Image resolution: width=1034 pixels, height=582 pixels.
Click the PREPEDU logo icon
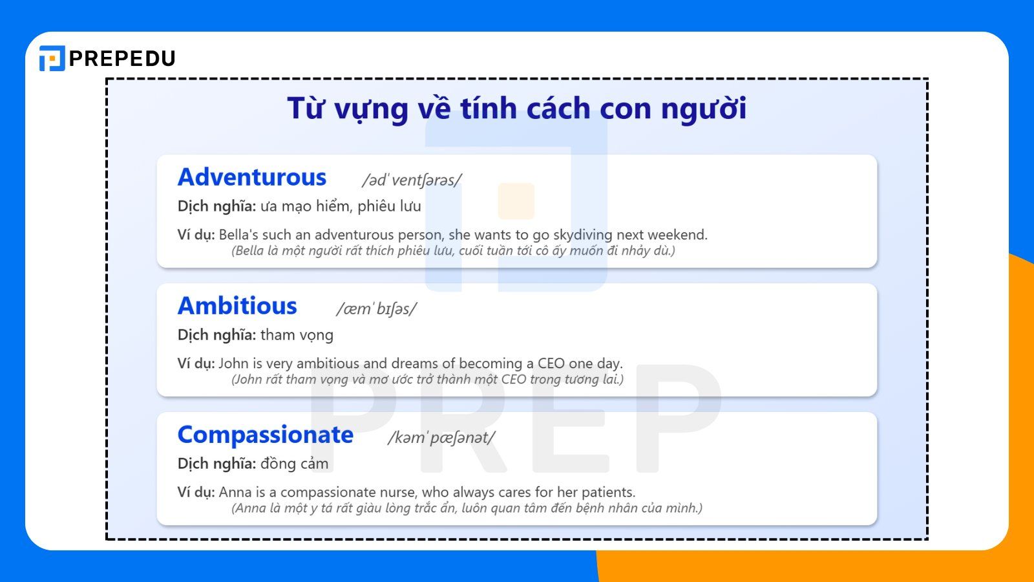52,58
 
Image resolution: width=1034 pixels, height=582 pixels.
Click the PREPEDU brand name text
121,59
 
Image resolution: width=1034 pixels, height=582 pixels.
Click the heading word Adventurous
252,177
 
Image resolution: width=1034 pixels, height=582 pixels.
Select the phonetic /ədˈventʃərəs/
412,180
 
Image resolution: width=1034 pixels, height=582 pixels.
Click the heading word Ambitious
237,306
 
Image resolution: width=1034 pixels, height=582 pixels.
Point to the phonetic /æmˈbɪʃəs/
376,309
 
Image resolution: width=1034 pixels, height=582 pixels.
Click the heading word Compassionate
265,435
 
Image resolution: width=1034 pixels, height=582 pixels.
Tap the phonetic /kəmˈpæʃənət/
441,438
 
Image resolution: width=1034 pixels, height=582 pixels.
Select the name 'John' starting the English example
233,363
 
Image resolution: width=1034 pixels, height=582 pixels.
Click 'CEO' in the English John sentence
551,363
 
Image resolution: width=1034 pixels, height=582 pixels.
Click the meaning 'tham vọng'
297,335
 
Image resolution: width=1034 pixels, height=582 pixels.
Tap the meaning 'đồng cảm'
294,464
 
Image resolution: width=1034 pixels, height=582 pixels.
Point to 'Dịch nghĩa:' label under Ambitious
216,335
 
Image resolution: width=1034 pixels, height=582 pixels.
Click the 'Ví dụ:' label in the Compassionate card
196,492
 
